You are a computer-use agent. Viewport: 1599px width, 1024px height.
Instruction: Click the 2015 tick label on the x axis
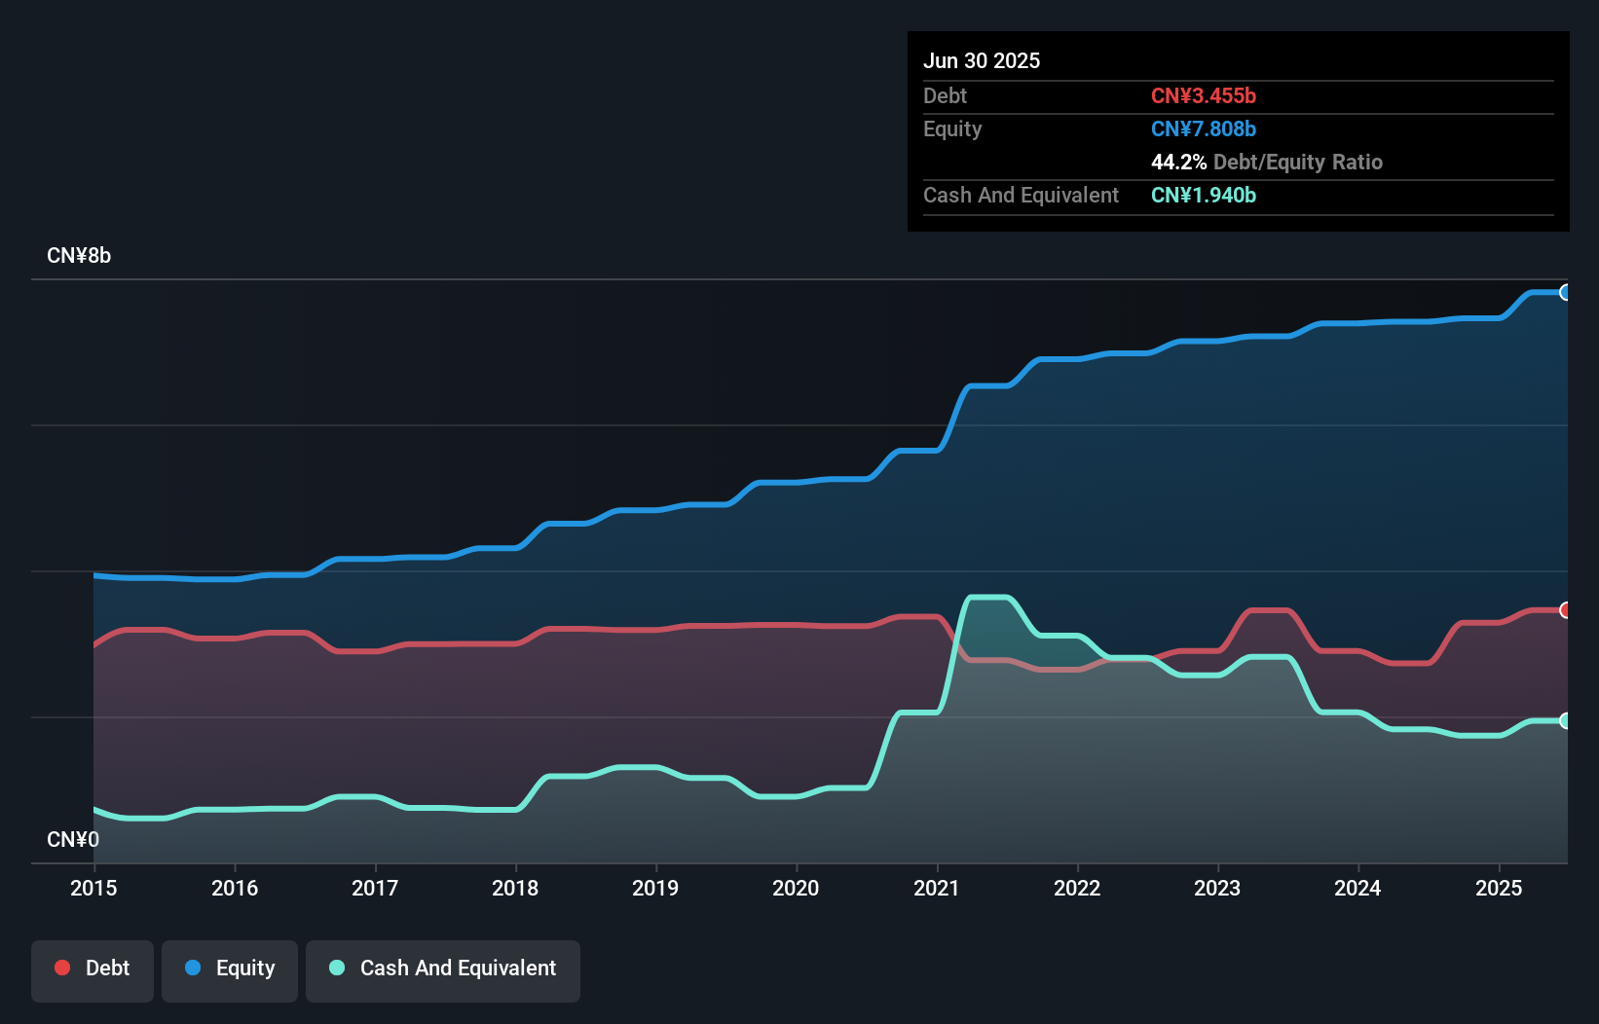pos(93,888)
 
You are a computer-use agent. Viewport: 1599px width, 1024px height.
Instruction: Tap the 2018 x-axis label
pos(515,888)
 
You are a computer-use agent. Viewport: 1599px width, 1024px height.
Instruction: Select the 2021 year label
pos(937,888)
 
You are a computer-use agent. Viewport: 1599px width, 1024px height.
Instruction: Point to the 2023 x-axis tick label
pos(1217,888)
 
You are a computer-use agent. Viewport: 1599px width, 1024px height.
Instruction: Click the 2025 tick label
pos(1499,888)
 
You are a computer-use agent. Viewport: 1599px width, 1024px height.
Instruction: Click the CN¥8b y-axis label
pos(79,256)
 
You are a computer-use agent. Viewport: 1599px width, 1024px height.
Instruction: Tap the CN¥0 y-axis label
pos(73,839)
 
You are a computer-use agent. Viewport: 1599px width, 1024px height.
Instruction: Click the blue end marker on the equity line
pos(1565,292)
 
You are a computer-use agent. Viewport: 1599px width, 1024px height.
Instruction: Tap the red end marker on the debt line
pos(1565,610)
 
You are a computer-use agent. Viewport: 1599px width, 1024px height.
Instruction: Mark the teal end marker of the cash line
pos(1565,721)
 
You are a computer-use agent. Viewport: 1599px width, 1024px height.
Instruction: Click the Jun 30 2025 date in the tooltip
pos(982,60)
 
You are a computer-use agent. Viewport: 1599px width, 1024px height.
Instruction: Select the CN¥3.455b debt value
pos(1204,95)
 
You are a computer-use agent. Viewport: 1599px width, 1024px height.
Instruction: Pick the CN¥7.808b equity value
pos(1204,128)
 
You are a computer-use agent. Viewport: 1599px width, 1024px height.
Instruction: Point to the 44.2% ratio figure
pos(1178,162)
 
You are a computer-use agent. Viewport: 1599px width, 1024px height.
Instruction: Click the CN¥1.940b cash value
pos(1204,195)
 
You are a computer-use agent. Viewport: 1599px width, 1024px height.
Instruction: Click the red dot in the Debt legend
pos(62,968)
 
